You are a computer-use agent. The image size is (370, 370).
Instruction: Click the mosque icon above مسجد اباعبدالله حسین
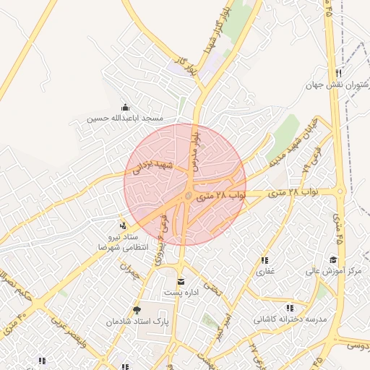tap(126, 107)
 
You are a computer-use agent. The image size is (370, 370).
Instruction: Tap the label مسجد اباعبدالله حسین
tap(126, 118)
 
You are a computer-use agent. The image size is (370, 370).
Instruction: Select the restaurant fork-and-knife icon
tap(338, 74)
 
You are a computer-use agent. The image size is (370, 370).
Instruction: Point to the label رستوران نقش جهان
tap(337, 85)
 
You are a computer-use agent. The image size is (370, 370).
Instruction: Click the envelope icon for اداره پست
tap(180, 281)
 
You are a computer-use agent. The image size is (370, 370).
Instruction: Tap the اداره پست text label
tap(180, 292)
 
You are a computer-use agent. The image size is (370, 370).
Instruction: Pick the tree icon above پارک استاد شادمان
tap(137, 309)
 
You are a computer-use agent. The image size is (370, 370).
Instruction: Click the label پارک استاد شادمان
tap(137, 320)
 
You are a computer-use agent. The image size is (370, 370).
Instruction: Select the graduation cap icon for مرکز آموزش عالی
tap(333, 260)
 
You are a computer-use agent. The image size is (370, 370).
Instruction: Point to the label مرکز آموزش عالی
tap(333, 271)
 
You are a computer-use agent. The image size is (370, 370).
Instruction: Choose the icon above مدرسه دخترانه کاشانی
tap(291, 308)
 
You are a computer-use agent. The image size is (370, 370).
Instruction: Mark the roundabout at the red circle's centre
tap(189, 195)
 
